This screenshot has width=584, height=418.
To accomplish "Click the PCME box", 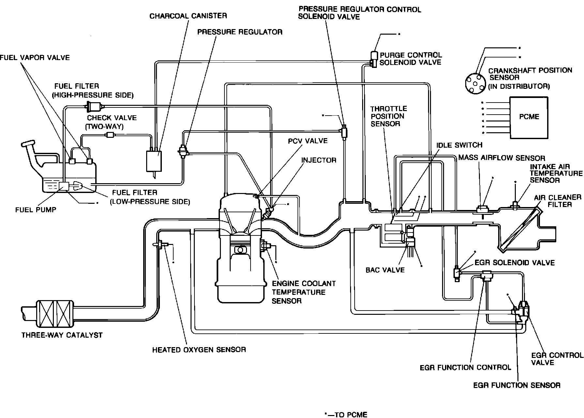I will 529,117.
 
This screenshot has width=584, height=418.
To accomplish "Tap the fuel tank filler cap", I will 28,144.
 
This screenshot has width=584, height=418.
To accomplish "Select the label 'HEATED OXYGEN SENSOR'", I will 199,350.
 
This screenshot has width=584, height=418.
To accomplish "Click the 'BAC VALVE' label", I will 385,270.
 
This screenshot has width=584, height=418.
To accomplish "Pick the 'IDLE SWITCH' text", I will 459,145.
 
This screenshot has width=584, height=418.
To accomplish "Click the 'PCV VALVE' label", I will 308,141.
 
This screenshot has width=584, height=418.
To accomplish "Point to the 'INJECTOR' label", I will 318,160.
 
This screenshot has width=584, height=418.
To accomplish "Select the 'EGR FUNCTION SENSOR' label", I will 517,385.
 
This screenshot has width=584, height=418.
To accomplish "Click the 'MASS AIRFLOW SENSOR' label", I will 501,158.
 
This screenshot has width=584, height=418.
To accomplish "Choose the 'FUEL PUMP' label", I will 36,210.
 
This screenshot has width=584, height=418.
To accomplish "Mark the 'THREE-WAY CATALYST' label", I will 62,335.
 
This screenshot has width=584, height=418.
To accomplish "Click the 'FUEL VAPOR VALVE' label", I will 35,57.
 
